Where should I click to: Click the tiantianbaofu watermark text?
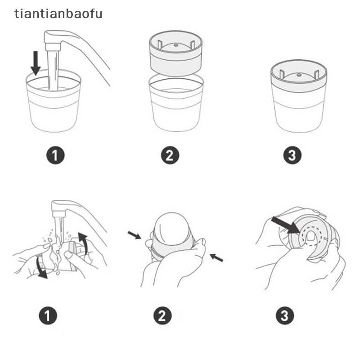pyautogui.click(x=58, y=14)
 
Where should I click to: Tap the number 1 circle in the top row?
pyautogui.click(x=55, y=155)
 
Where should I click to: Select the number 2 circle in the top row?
pyautogui.click(x=170, y=155)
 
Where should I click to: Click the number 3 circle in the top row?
pyautogui.click(x=292, y=155)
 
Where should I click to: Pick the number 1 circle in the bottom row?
pyautogui.click(x=48, y=316)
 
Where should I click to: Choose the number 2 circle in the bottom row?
pyautogui.click(x=162, y=316)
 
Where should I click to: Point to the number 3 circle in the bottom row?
pyautogui.click(x=285, y=316)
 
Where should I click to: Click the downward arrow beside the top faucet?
pyautogui.click(x=36, y=63)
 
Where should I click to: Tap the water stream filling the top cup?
pyautogui.click(x=53, y=70)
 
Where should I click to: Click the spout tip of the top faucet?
pyautogui.click(x=53, y=47)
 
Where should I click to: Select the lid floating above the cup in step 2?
pyautogui.click(x=176, y=53)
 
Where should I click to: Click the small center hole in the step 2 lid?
pyautogui.click(x=176, y=45)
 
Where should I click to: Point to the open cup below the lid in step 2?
pyautogui.click(x=176, y=103)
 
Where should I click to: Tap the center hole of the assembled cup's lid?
pyautogui.click(x=299, y=75)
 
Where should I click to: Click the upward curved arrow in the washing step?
pyautogui.click(x=83, y=243)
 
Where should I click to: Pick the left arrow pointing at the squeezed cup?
pyautogui.click(x=134, y=235)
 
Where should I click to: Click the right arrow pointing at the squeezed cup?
pyautogui.click(x=216, y=257)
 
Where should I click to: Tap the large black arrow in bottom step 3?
pyautogui.click(x=285, y=225)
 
